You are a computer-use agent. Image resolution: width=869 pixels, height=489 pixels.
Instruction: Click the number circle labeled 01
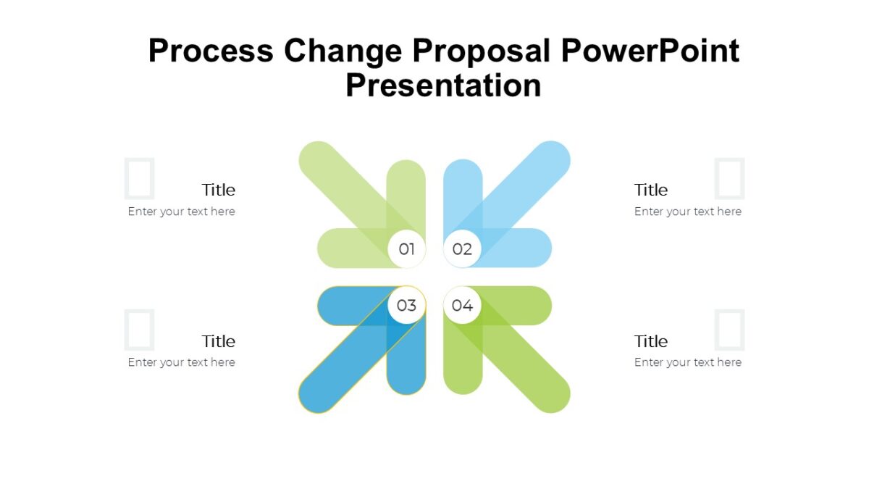click(x=406, y=249)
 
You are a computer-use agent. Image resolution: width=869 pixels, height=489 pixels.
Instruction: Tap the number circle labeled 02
click(x=462, y=249)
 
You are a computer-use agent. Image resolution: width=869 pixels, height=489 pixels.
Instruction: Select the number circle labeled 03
click(x=406, y=305)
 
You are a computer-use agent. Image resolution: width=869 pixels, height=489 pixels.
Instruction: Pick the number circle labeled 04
click(x=462, y=305)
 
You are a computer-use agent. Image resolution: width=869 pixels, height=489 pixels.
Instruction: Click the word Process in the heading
click(x=211, y=51)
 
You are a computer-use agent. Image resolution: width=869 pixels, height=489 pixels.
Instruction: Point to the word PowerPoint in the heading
click(x=650, y=51)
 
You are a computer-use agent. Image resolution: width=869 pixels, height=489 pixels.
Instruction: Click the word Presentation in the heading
click(x=443, y=85)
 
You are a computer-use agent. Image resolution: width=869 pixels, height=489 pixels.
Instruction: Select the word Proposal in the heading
click(x=484, y=51)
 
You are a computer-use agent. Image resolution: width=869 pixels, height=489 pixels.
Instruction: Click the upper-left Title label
click(x=218, y=190)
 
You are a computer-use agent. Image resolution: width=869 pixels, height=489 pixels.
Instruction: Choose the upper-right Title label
click(x=650, y=190)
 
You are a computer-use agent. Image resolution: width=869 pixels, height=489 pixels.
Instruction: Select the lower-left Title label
click(x=218, y=341)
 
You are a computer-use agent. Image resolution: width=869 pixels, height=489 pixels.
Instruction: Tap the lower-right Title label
click(x=650, y=341)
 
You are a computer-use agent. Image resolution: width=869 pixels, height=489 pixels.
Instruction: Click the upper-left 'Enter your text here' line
click(x=182, y=212)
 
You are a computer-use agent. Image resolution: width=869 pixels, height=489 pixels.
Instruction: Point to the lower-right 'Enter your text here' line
click(x=687, y=362)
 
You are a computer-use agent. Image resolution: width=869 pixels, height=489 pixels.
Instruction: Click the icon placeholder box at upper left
click(x=139, y=178)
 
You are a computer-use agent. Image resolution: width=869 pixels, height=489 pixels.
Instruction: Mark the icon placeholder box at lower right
click(x=729, y=330)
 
